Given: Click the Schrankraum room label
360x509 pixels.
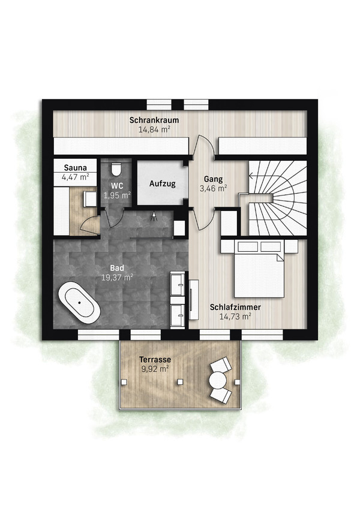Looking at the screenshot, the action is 154,120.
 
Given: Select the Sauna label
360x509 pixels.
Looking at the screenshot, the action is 76,168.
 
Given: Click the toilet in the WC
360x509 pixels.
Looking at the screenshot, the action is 116,168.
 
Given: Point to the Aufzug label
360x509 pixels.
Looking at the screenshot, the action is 163,183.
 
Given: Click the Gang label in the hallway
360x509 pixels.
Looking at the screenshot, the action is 214,179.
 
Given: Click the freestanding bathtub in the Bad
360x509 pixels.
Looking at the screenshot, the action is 79,303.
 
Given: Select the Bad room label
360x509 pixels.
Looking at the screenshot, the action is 117,268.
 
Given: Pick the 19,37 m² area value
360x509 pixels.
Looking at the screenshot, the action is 117,278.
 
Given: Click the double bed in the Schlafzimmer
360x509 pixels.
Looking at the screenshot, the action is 259,269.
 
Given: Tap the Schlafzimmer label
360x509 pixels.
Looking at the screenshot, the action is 235,307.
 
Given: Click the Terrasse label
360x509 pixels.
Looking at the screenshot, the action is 155,360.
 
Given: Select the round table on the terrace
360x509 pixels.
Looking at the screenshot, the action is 217,380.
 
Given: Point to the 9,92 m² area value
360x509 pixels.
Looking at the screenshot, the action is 155,369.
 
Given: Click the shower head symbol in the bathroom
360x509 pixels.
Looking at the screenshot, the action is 154,217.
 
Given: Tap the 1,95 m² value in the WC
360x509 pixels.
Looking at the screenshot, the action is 117,195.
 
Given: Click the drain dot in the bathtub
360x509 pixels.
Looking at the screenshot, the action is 79,303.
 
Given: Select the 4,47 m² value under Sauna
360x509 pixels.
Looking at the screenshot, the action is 76,177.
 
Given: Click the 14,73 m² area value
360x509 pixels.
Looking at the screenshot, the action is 235,317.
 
